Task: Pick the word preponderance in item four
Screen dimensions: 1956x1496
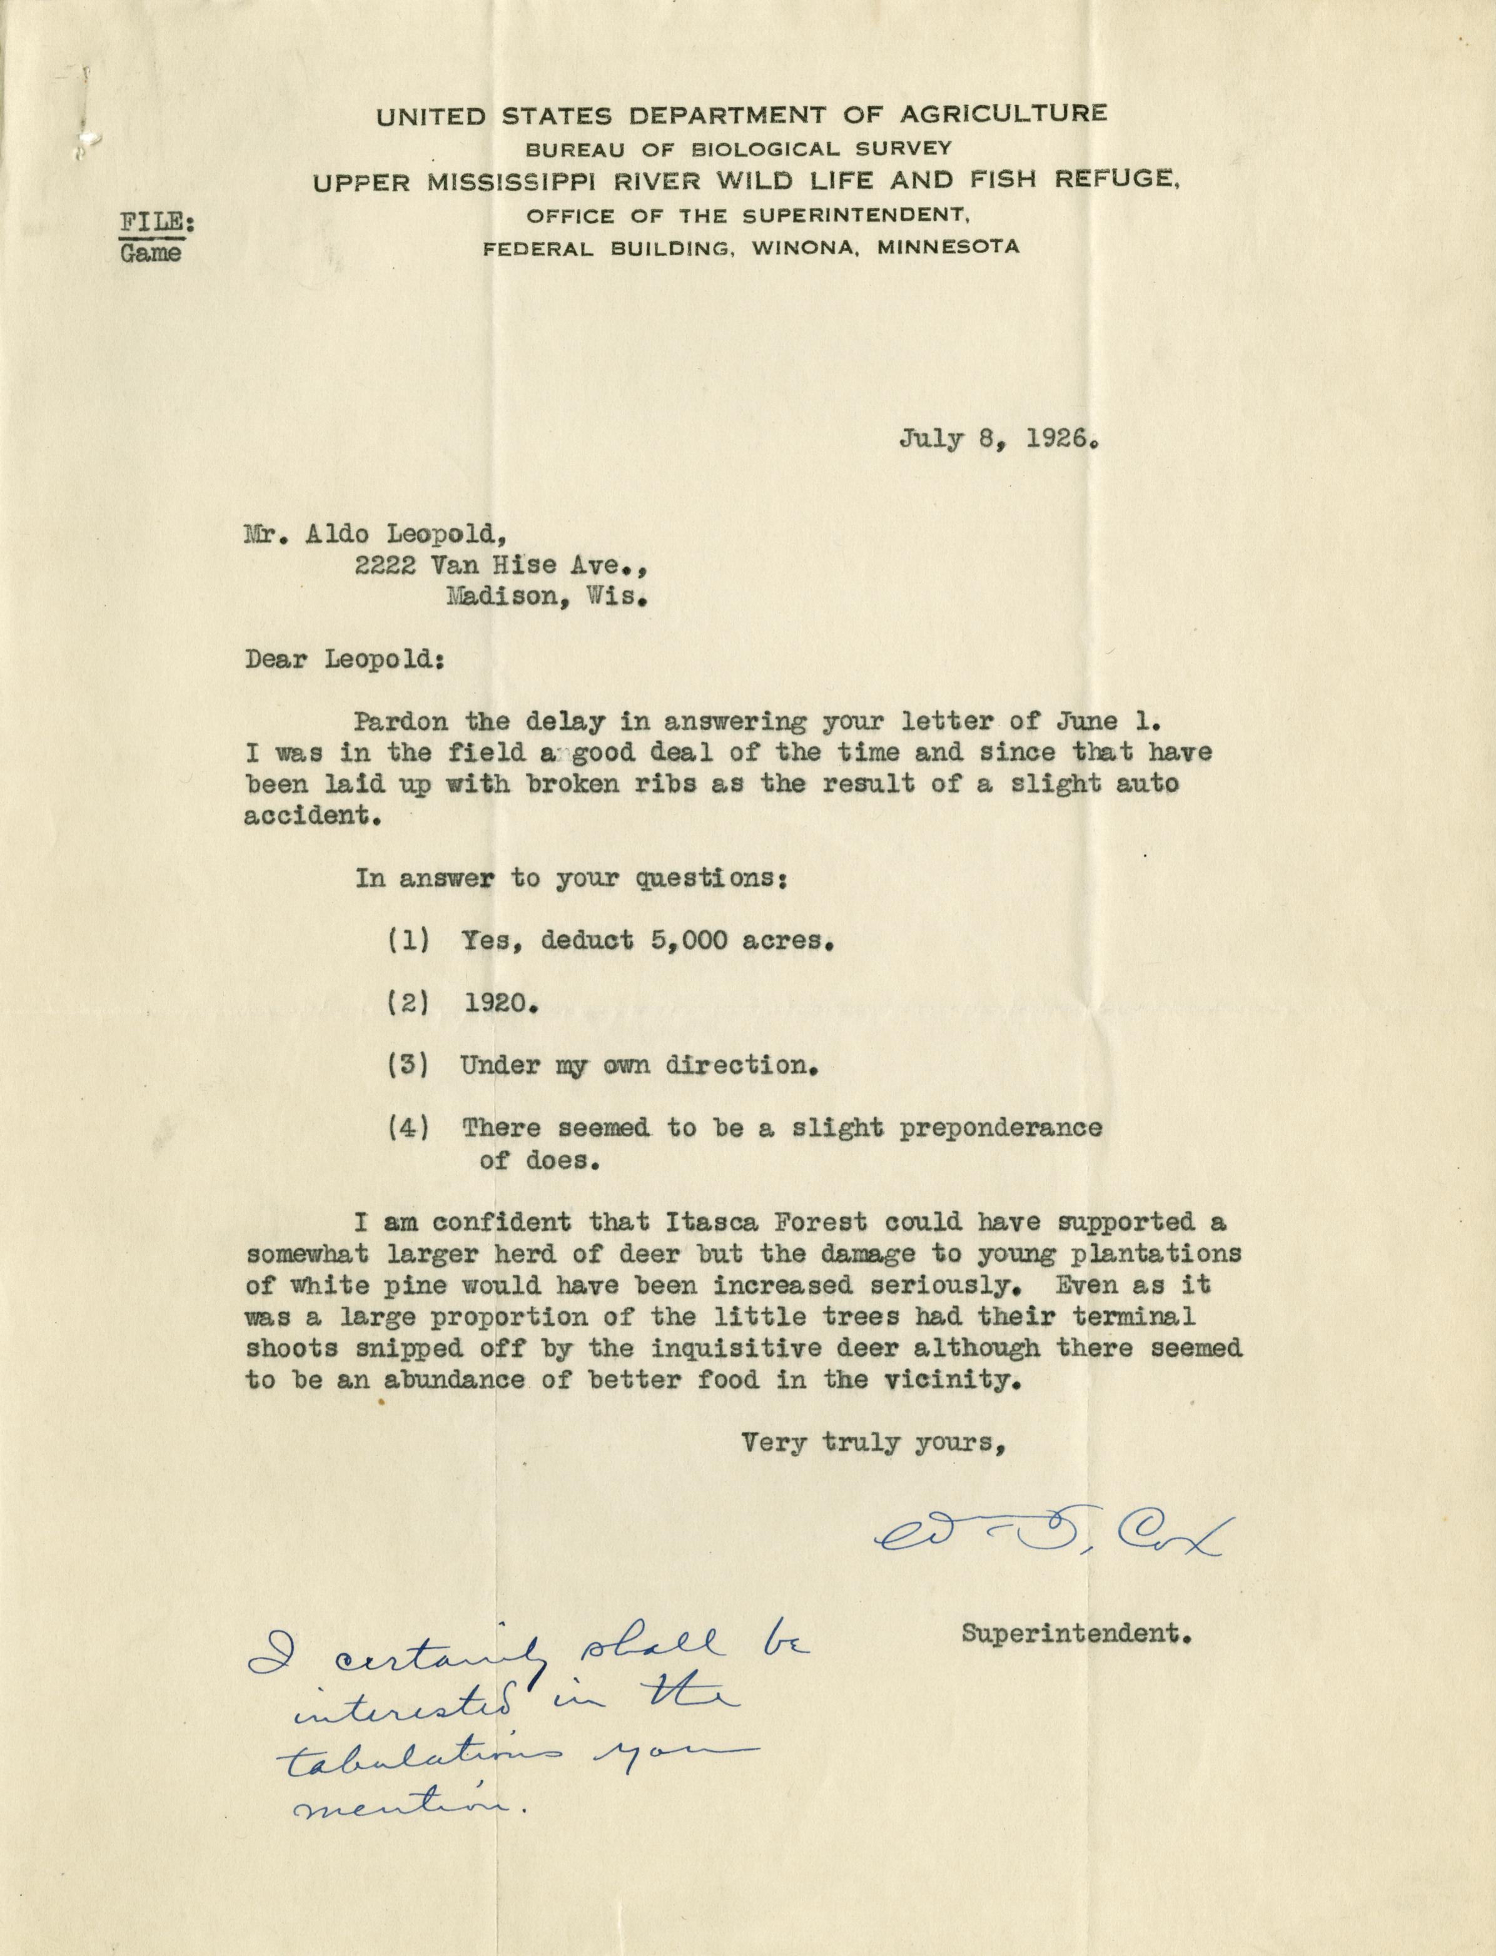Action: [x=1000, y=1128]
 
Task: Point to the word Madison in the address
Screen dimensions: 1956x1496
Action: [x=502, y=597]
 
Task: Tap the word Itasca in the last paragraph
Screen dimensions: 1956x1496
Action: [x=637, y=1222]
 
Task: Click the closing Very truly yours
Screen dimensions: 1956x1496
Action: [x=874, y=1442]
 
